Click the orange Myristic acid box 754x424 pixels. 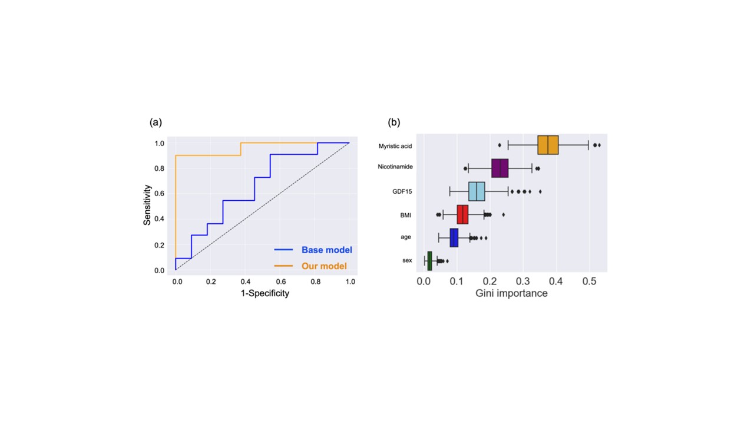[548, 145]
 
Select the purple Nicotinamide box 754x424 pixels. [500, 168]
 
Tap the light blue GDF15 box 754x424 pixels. [477, 191]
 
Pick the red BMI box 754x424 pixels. [462, 214]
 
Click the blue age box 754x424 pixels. [454, 237]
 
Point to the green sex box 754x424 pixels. [429, 261]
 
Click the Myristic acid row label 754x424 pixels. [395, 146]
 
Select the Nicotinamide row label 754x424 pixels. [395, 167]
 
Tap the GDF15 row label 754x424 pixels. [402, 191]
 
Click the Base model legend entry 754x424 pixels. [313, 250]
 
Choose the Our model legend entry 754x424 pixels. [310, 266]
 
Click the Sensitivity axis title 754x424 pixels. [147, 205]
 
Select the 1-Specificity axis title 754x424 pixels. [265, 293]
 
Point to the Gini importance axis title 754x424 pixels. [511, 293]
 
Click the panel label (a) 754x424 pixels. [156, 122]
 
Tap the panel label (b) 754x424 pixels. [394, 122]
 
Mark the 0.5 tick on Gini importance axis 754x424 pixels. [590, 281]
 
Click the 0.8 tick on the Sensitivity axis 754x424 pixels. [159, 168]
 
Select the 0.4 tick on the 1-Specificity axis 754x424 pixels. [246, 281]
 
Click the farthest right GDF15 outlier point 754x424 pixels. [540, 191]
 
